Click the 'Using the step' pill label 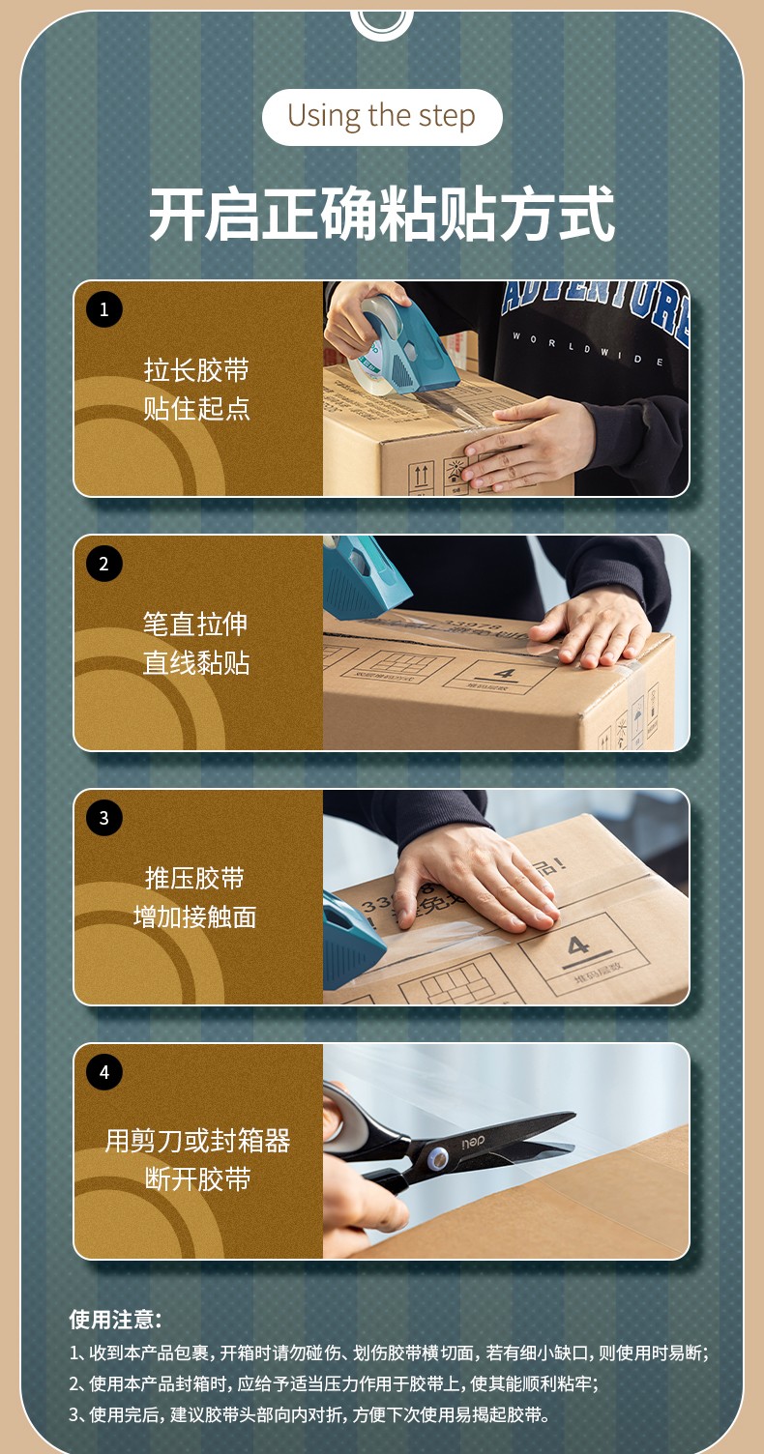click(x=381, y=117)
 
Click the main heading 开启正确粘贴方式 click(x=381, y=214)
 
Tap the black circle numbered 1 click(x=104, y=309)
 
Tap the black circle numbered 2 click(x=104, y=564)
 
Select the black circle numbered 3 click(x=104, y=818)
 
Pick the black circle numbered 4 click(x=104, y=1071)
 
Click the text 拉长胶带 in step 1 click(x=196, y=370)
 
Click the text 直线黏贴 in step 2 click(x=196, y=663)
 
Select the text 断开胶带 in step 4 click(x=196, y=1179)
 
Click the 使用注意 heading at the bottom click(x=115, y=1319)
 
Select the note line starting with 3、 click(x=309, y=1414)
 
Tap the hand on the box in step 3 click(x=474, y=875)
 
